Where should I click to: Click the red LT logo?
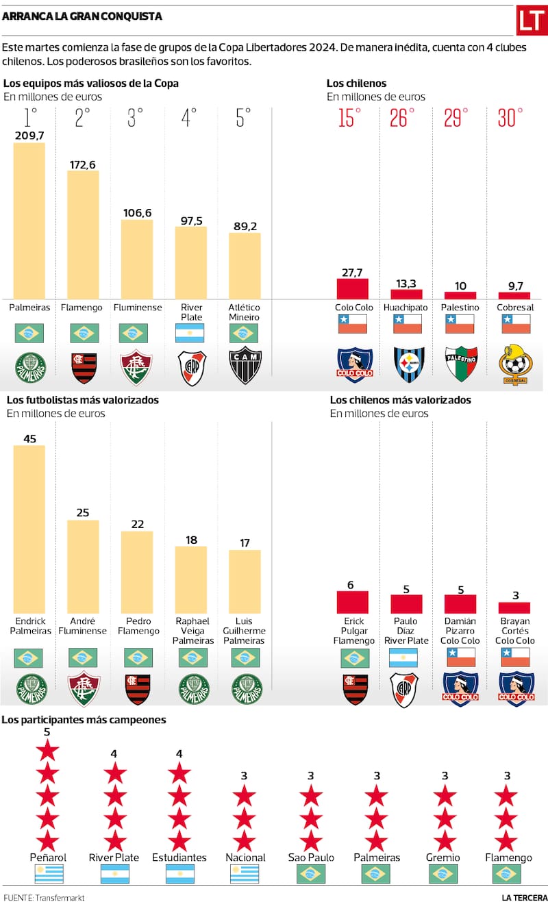[531, 21]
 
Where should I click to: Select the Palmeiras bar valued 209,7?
[29, 220]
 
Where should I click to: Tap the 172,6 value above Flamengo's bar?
[83, 164]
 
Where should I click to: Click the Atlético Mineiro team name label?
[245, 312]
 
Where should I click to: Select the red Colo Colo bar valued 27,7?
[353, 288]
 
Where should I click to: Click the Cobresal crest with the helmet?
[514, 364]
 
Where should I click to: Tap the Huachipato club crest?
[408, 364]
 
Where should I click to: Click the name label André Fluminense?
[83, 626]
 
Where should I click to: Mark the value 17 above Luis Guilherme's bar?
[245, 543]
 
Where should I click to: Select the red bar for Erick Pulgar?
[353, 602]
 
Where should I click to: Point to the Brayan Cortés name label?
[514, 631]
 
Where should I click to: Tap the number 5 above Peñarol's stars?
[47, 732]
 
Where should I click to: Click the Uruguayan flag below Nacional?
[245, 874]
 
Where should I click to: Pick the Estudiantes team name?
[179, 857]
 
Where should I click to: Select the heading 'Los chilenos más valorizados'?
[400, 400]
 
